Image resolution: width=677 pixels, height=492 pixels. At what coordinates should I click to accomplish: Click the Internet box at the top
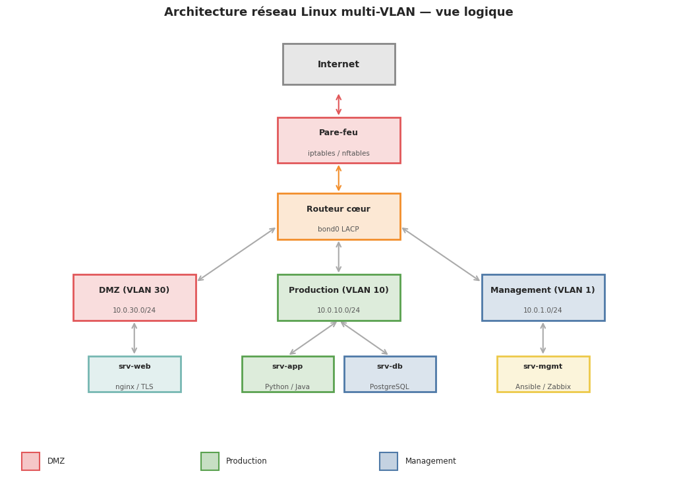[x=338, y=64]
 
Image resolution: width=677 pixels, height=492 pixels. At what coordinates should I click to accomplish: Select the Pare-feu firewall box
[x=338, y=140]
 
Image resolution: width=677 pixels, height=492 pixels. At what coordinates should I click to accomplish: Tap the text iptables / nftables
[x=338, y=154]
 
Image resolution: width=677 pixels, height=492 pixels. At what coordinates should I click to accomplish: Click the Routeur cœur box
[x=338, y=216]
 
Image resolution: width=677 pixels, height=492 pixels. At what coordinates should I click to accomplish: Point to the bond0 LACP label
[x=338, y=230]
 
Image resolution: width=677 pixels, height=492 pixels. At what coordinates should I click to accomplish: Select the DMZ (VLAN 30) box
[x=134, y=297]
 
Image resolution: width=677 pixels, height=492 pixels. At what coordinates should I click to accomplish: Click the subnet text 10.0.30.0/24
[x=134, y=311]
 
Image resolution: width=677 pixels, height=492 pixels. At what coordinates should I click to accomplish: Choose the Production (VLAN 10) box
[x=338, y=297]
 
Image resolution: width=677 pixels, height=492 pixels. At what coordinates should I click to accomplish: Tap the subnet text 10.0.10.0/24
[x=338, y=311]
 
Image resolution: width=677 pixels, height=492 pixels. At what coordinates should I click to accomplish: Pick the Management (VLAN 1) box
[x=543, y=297]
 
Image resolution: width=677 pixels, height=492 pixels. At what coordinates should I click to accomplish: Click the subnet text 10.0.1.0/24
[x=543, y=311]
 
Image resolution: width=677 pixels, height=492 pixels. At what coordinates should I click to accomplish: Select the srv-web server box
[x=134, y=374]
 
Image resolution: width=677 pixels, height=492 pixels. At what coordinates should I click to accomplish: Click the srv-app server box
[x=287, y=374]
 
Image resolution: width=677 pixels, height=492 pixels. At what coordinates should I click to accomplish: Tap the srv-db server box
[x=390, y=374]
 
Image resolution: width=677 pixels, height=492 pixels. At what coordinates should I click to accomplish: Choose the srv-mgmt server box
[x=543, y=374]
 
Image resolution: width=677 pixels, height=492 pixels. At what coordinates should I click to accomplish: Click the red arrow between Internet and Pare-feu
[x=339, y=104]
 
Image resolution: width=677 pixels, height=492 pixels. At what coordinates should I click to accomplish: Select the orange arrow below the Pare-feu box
[x=339, y=178]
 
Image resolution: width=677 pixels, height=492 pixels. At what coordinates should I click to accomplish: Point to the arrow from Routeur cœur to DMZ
[x=236, y=255]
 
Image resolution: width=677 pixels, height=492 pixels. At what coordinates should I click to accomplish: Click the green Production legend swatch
[x=210, y=461]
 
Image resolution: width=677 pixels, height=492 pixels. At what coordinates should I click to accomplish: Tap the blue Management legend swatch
[x=388, y=461]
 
